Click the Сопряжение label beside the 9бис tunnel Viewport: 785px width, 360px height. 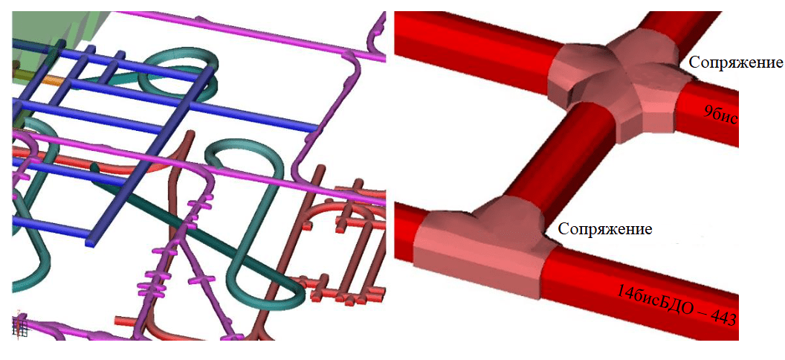tap(735, 63)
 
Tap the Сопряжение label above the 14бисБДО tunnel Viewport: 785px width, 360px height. tap(605, 229)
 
